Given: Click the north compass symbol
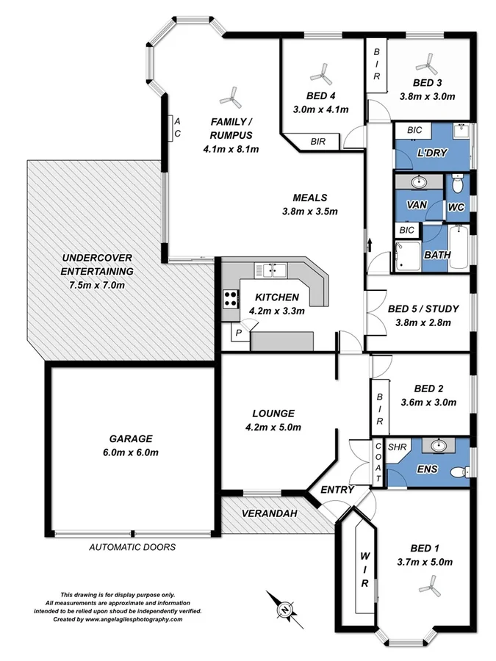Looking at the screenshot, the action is tap(283, 607).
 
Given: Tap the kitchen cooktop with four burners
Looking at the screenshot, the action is tap(231, 298).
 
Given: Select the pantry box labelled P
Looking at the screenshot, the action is tap(239, 333).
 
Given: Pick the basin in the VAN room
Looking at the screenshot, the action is tap(419, 181).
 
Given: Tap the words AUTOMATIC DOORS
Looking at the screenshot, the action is tap(132, 547).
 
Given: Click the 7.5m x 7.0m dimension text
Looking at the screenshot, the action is tap(93, 284).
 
